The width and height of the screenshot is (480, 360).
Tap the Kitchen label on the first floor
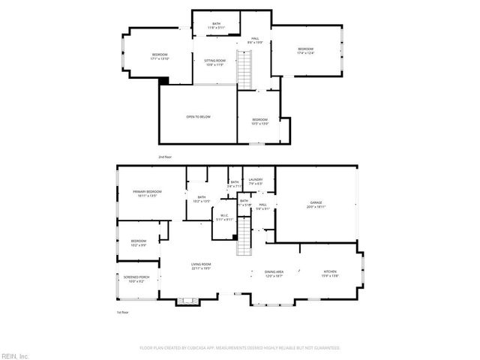click(x=330, y=274)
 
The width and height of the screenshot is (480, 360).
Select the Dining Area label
click(x=274, y=274)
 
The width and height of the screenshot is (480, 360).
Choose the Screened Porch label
click(x=136, y=279)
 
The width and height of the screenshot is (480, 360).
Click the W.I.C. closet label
click(x=225, y=218)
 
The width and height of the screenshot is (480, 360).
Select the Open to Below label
click(x=198, y=117)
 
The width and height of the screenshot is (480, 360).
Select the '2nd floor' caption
click(x=165, y=157)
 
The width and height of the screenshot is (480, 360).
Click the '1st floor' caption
click(x=122, y=311)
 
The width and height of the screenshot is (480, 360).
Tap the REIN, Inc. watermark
click(x=15, y=355)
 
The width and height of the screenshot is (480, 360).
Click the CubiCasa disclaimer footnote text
click(x=240, y=348)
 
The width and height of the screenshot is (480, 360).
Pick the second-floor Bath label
click(x=216, y=25)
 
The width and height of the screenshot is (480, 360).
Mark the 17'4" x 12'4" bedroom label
click(x=305, y=51)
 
